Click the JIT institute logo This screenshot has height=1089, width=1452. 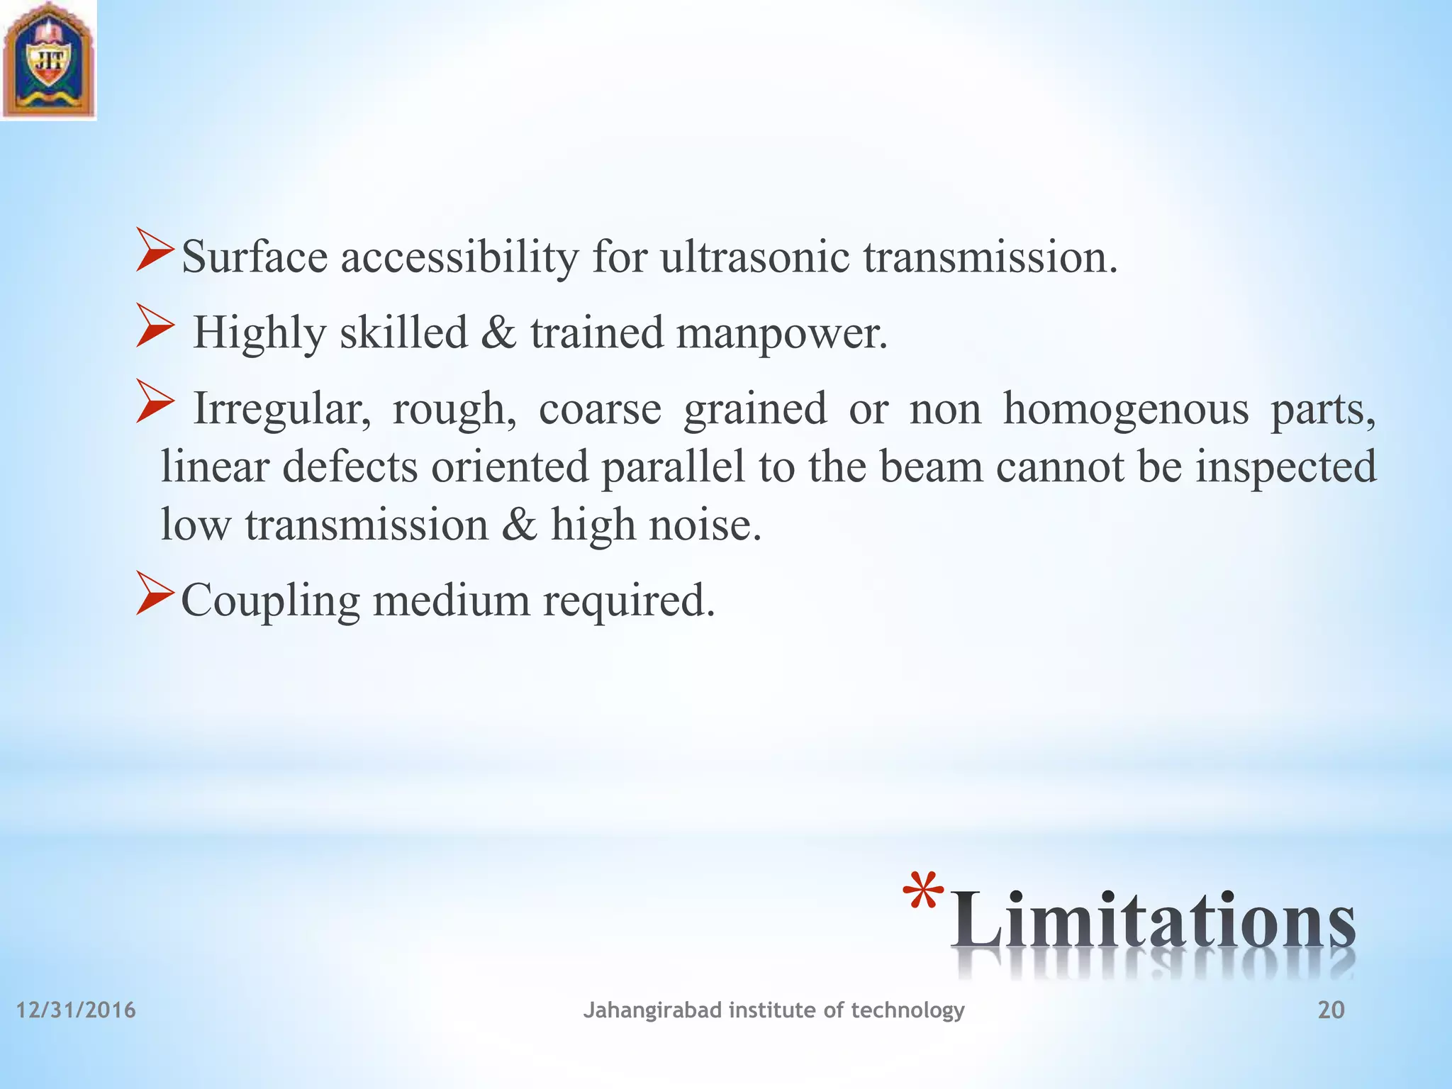[48, 60]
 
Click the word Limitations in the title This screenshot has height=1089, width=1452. [1152, 922]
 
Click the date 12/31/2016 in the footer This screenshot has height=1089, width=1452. [76, 1010]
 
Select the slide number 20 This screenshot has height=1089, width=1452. [1331, 1010]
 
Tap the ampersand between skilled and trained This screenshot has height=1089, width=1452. [498, 333]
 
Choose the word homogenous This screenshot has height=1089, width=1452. [1125, 409]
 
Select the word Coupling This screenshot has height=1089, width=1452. [270, 602]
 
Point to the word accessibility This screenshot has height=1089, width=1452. [459, 258]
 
